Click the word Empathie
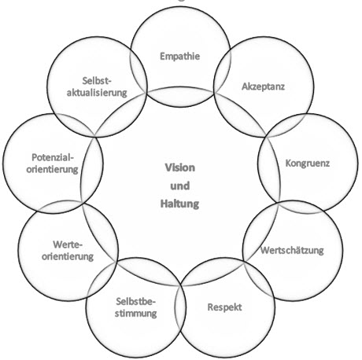point(180,57)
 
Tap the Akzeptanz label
point(263,86)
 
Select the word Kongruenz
point(308,163)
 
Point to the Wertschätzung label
point(292,250)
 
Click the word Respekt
point(224,307)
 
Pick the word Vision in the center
point(180,167)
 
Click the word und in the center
point(180,186)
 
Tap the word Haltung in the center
point(179,204)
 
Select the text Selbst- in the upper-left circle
point(97,81)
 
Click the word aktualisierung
point(97,93)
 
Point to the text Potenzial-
point(53,157)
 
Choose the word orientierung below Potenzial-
point(52,170)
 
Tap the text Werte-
point(68,244)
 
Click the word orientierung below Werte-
point(68,256)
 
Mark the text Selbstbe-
point(136,302)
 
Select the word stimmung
point(136,314)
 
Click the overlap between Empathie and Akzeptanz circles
point(223,71)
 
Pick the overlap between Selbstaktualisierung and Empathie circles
point(139,71)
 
